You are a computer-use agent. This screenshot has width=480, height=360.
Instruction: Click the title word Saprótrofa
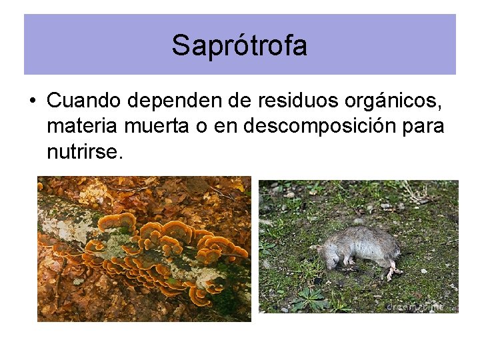(239, 46)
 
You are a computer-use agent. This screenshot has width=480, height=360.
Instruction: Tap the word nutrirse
(85, 153)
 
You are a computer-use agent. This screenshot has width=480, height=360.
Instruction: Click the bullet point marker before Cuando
(32, 101)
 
